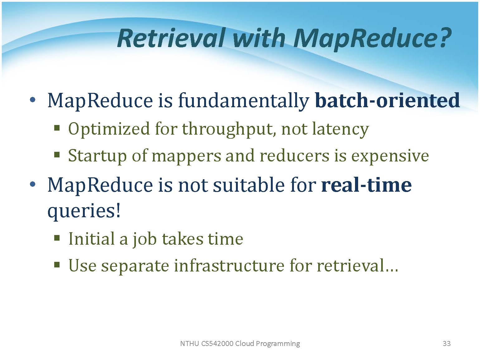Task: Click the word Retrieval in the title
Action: coord(171,38)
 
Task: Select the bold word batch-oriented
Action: coord(387,100)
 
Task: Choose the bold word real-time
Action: coord(366,185)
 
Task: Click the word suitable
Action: coord(249,185)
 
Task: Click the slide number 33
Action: coord(447,343)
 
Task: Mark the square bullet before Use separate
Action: coord(57,265)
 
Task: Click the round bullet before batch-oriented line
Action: coord(33,100)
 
